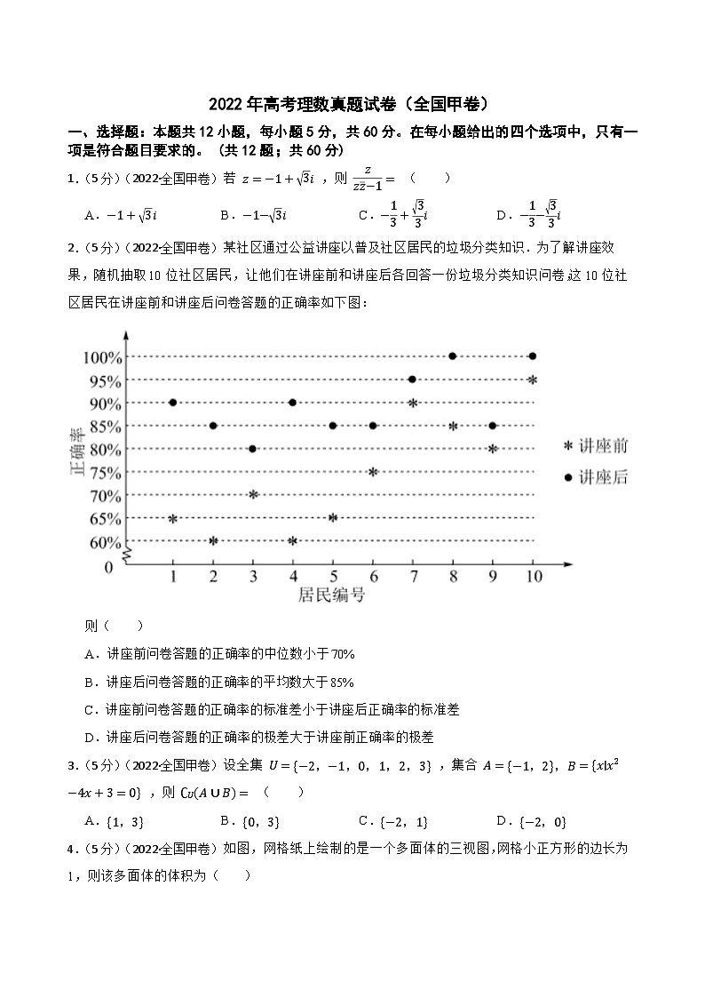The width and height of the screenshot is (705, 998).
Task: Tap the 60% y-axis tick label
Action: [x=103, y=542]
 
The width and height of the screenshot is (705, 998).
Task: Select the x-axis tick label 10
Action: [x=531, y=576]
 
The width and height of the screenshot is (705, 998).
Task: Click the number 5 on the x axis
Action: [x=333, y=576]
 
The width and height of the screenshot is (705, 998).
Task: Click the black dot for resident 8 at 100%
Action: [x=453, y=356]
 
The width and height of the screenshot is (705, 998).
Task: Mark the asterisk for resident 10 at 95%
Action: [x=532, y=380]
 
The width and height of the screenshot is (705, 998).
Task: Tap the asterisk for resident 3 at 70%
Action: [x=253, y=494]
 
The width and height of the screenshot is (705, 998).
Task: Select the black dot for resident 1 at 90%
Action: [x=172, y=403]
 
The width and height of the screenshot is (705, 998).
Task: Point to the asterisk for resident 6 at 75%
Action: [x=373, y=472]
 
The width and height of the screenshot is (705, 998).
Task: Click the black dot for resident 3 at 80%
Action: [x=253, y=449]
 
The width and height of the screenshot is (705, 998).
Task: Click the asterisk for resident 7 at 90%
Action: [x=413, y=403]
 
